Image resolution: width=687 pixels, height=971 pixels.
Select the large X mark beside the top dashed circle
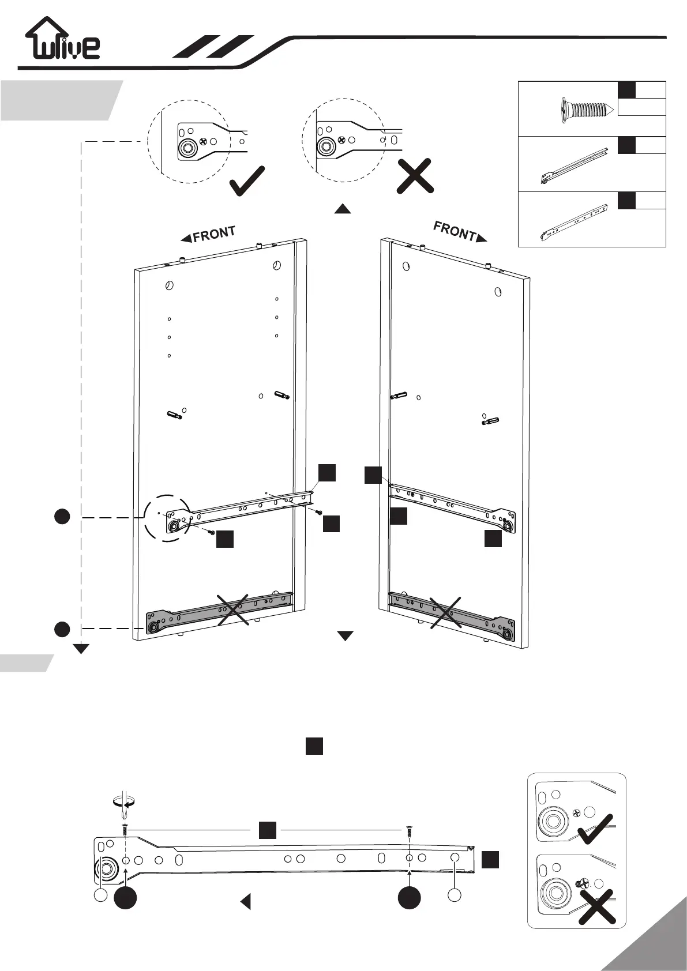(x=415, y=176)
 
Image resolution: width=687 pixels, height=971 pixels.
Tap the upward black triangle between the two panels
(x=343, y=209)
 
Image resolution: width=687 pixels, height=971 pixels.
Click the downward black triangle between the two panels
(x=345, y=636)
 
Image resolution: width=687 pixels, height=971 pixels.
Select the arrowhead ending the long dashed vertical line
(x=81, y=649)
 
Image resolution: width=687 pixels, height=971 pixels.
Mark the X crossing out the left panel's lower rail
(x=232, y=609)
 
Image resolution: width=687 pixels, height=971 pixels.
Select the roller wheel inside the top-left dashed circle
(x=187, y=148)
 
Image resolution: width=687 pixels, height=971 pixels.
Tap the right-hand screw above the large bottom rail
(x=409, y=832)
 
